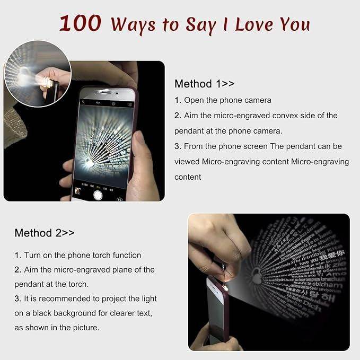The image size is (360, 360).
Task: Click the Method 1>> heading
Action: click(x=204, y=84)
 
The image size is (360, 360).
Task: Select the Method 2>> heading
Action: click(x=45, y=233)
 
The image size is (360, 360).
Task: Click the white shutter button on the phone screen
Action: click(x=98, y=195)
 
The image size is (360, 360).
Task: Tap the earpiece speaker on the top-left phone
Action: click(x=106, y=91)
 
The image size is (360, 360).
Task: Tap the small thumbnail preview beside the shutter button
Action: click(x=77, y=191)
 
